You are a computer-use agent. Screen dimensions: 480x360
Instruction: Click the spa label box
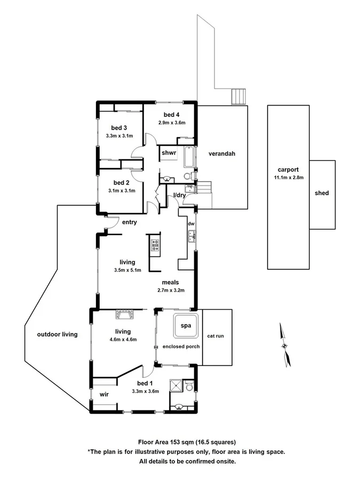(x=185, y=325)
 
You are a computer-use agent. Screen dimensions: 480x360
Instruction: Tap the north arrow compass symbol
(x=285, y=345)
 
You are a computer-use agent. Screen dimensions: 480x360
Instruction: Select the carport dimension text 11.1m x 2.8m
(x=288, y=178)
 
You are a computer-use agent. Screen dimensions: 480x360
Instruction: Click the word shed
(x=322, y=193)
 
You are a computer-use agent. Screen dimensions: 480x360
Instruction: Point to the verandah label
(x=222, y=154)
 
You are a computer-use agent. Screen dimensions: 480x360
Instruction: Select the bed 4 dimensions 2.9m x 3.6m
(x=171, y=123)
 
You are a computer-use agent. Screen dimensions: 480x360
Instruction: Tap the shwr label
(x=169, y=153)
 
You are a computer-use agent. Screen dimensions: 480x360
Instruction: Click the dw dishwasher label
(x=190, y=225)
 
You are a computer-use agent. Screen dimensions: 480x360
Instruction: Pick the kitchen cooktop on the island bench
(x=155, y=245)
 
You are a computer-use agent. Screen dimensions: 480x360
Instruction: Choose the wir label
(x=104, y=395)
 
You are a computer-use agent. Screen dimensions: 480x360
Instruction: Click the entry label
(x=130, y=222)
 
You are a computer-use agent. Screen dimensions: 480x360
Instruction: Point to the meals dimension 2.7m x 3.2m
(x=171, y=290)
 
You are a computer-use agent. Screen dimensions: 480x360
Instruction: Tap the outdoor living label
(x=57, y=334)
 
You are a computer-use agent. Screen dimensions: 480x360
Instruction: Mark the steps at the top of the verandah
(x=238, y=97)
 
